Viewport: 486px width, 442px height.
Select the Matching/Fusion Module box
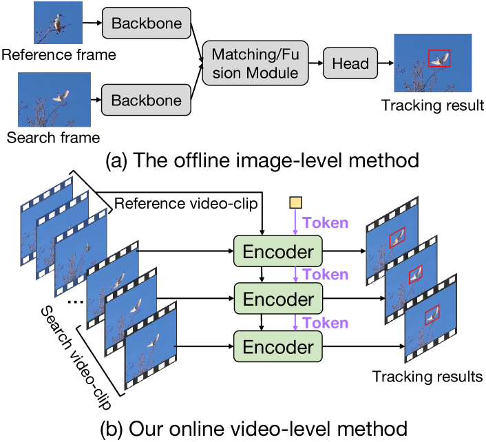254,62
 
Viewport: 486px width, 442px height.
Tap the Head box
350,63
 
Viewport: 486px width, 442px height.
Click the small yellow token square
295,202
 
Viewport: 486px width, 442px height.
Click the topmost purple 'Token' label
325,223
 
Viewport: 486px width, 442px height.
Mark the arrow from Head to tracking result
384,63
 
